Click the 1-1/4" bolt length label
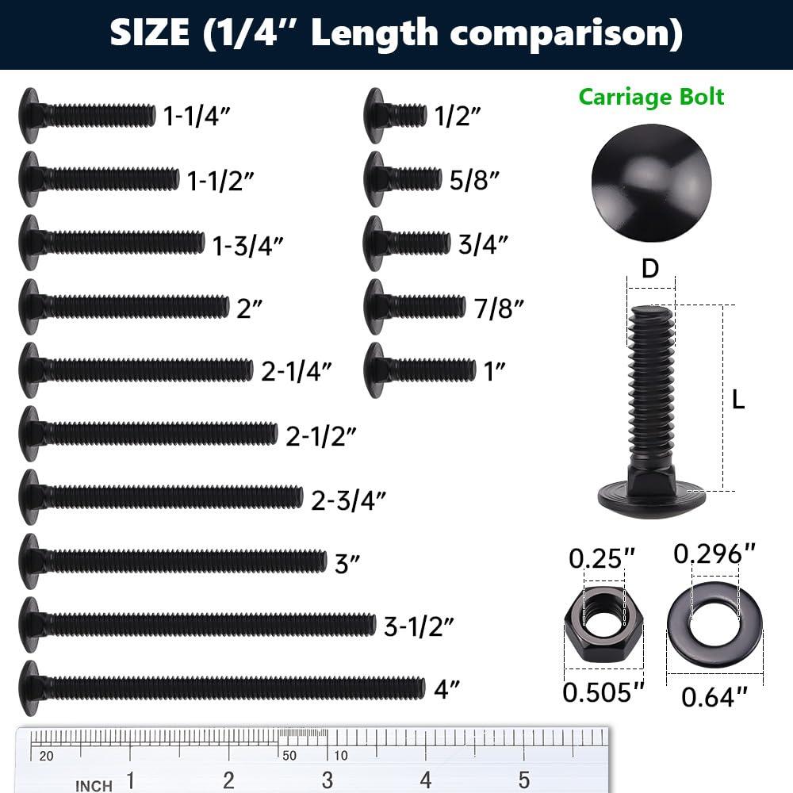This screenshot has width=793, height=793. [197, 117]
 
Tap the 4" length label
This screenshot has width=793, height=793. [447, 689]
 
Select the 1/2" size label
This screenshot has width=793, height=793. [458, 117]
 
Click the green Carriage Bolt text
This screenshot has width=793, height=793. [651, 97]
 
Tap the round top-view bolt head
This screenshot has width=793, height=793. [642, 182]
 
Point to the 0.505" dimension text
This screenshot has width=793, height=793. [603, 692]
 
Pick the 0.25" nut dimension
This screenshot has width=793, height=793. [603, 558]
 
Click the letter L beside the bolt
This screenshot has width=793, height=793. [738, 400]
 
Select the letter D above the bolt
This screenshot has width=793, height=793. [650, 269]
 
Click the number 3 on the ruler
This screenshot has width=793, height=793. [327, 780]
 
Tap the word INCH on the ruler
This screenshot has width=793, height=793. [94, 786]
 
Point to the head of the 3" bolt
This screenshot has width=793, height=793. [30, 561]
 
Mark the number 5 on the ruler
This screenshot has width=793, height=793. [524, 780]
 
